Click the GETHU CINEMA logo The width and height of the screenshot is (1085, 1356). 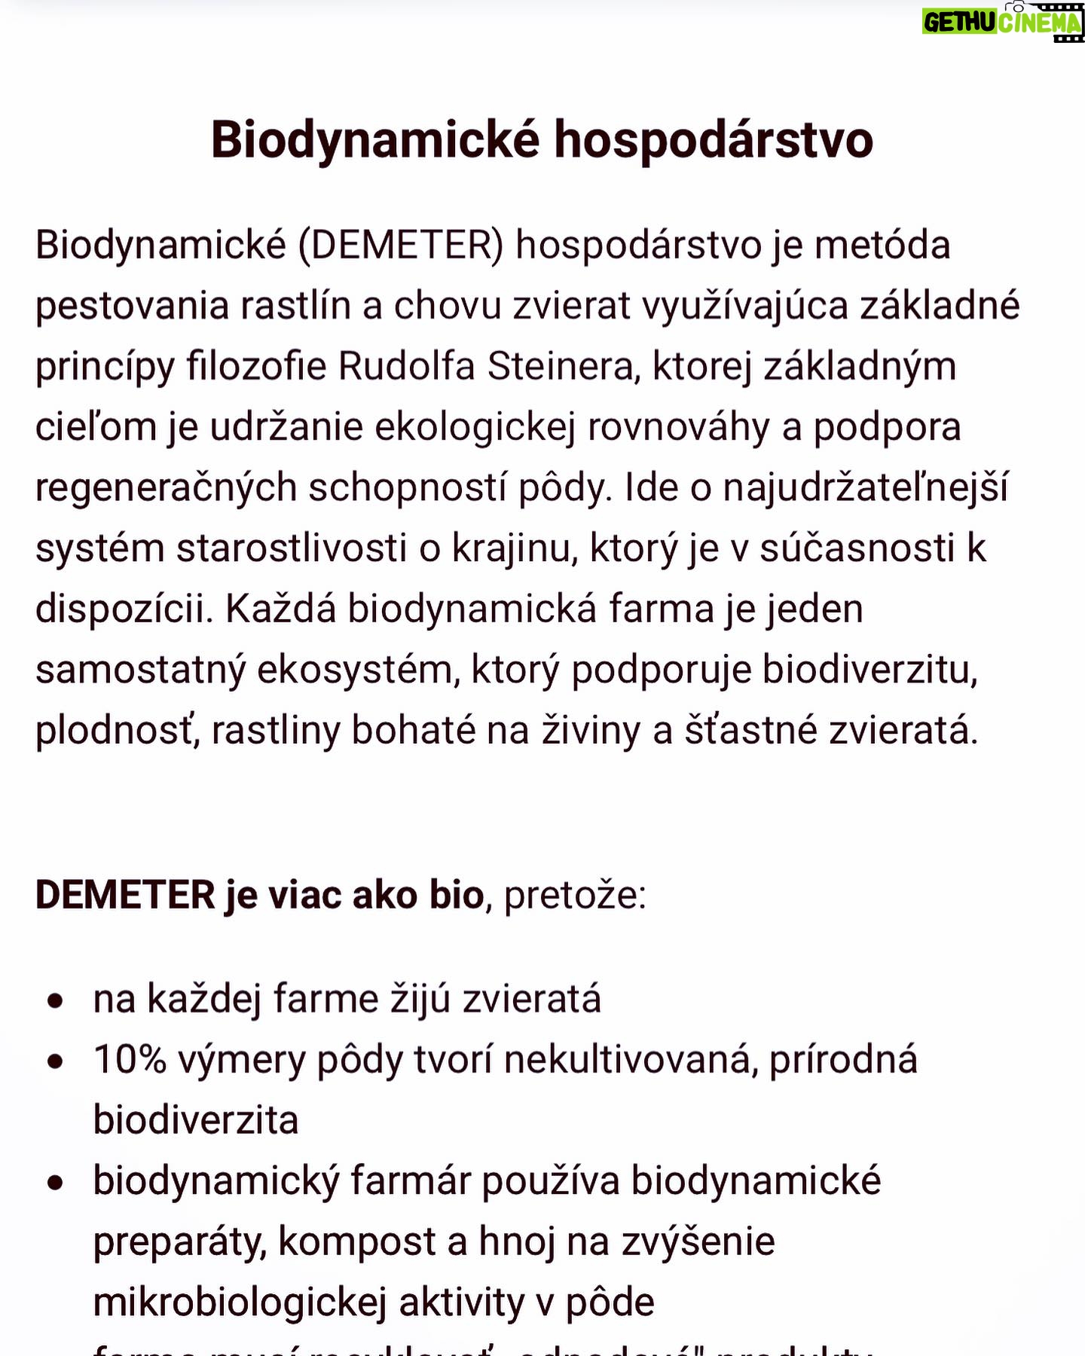(1002, 23)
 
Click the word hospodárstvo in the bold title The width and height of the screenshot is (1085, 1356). (714, 140)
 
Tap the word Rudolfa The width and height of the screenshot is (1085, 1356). (406, 367)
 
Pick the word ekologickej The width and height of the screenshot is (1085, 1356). (475, 427)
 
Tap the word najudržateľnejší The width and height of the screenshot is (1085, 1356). (865, 488)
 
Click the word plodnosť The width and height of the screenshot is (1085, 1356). (118, 731)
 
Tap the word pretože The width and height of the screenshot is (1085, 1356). (574, 896)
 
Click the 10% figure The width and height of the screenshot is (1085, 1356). (130, 1060)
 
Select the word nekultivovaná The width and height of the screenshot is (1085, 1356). (631, 1060)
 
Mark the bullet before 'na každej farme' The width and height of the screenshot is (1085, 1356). (55, 1001)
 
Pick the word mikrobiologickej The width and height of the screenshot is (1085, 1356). (240, 1303)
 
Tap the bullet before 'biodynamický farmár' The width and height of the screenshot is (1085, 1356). (55, 1183)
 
